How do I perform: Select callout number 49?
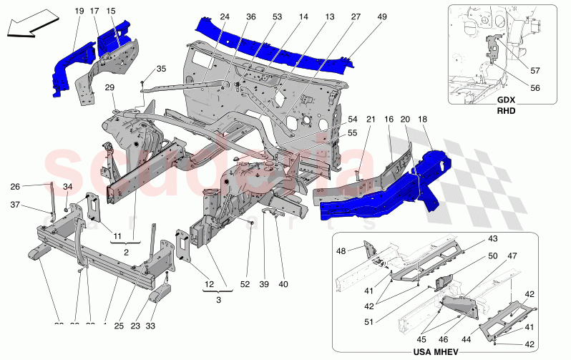(361, 16)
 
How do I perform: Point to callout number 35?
(161, 69)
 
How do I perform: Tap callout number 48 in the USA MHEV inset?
(341, 250)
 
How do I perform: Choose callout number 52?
(245, 285)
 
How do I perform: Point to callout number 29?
(110, 87)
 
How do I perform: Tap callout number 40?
(283, 285)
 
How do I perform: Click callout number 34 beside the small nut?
(68, 188)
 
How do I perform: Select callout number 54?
(353, 119)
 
